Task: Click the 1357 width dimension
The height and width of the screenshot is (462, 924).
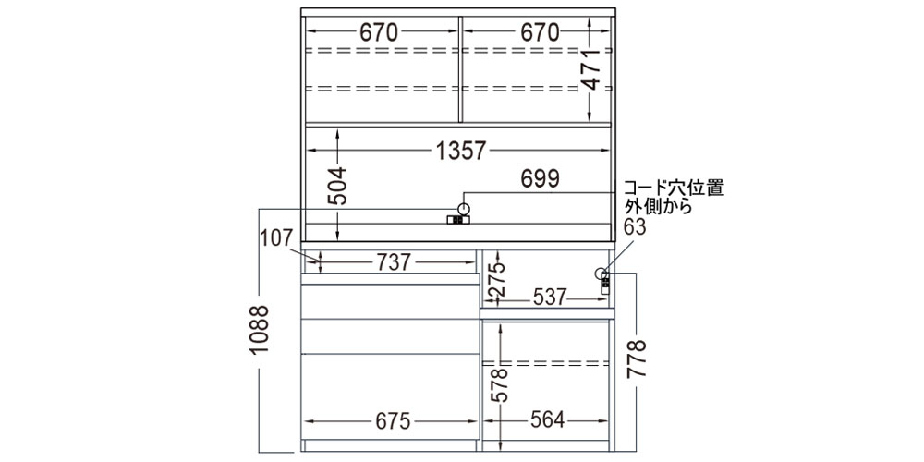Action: [460, 151]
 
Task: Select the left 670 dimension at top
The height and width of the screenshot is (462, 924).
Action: [380, 32]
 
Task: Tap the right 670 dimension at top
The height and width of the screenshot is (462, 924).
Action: [540, 32]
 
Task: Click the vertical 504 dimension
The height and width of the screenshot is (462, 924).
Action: [337, 187]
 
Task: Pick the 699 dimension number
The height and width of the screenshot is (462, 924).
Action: [540, 178]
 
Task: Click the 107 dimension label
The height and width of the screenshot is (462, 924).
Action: [277, 238]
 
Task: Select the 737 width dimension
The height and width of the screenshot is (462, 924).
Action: [394, 262]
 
